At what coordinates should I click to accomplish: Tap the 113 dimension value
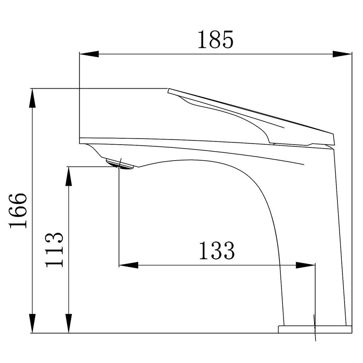click(55, 249)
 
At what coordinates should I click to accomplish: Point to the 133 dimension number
click(217, 251)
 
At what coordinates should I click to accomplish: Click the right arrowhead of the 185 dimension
click(342, 54)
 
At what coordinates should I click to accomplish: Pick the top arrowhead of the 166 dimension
click(32, 98)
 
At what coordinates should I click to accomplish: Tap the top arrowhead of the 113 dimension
click(69, 176)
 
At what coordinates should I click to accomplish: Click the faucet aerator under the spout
click(119, 164)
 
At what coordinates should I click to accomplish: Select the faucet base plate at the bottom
click(315, 329)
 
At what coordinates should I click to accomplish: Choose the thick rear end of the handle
click(330, 139)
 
